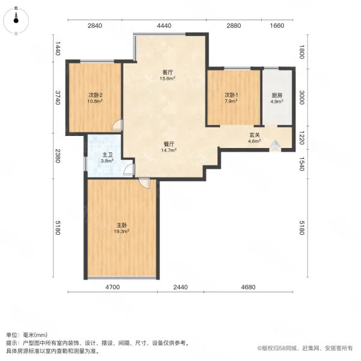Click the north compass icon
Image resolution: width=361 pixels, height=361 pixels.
16,22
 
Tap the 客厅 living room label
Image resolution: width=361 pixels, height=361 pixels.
167,72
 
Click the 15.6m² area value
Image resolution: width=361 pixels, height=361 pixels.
167,79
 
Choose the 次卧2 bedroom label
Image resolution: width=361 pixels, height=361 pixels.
96,95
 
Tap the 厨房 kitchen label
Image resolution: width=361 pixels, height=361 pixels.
277,95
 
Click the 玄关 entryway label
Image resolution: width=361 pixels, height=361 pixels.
255,135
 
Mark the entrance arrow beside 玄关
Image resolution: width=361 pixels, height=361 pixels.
274,145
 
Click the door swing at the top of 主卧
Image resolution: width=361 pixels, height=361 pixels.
144,183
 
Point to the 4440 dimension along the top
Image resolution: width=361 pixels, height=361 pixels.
164,26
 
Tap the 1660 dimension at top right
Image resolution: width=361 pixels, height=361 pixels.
277,26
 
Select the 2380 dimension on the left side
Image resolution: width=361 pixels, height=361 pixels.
58,156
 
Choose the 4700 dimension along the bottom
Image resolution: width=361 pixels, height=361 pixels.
113,287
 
